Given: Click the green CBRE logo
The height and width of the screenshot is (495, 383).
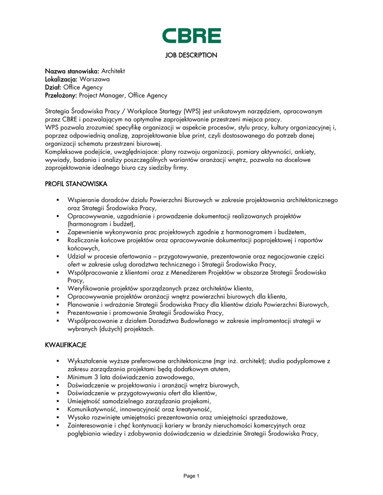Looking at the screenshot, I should tap(191, 36).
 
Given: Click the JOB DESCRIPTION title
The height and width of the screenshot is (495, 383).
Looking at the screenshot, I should tap(191, 55).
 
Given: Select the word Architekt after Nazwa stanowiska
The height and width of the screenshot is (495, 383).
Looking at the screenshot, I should tap(113, 71).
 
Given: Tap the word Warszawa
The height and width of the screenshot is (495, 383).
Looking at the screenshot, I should tap(95, 79).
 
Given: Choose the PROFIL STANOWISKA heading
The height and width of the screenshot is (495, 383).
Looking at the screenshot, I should tap(76, 184).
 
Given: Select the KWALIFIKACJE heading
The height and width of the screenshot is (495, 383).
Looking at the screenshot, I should tap(66, 345).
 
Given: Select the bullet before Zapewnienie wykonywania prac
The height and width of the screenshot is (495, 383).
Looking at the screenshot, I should tap(57, 232).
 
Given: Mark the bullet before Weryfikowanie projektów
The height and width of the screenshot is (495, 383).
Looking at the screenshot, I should tap(57, 288).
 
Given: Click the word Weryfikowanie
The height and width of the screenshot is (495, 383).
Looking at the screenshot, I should tap(90, 288).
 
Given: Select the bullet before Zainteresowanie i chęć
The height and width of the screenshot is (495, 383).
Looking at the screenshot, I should tap(57, 425).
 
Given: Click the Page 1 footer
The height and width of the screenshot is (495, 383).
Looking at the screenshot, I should tap(191, 476).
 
